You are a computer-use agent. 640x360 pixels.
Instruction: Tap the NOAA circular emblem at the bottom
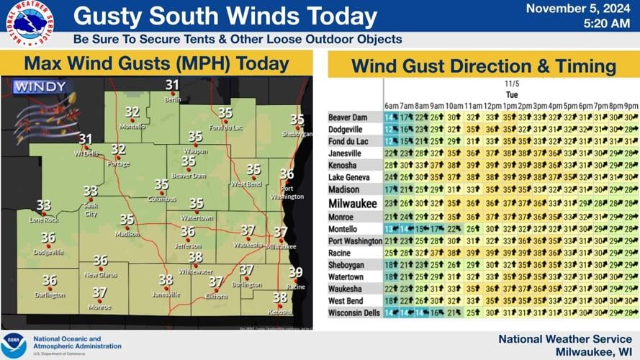pyautogui.click(x=14, y=345)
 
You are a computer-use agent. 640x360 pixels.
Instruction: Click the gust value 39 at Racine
pyautogui.click(x=295, y=272)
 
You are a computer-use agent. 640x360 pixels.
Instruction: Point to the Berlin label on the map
pyautogui.click(x=172, y=100)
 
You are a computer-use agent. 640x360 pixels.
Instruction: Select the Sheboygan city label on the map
pyautogui.click(x=297, y=134)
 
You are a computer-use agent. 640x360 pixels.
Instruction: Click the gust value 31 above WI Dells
pyautogui.click(x=86, y=139)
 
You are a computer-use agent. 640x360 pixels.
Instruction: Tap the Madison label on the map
pyautogui.click(x=127, y=234)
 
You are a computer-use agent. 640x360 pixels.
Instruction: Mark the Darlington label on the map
pyautogui.click(x=49, y=294)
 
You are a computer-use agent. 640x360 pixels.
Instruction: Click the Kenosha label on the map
pyautogui.click(x=280, y=312)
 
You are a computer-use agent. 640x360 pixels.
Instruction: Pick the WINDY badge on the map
pyautogui.click(x=40, y=87)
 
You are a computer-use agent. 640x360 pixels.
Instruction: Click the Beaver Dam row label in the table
pyautogui.click(x=348, y=117)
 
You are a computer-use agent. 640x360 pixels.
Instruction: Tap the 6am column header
pyautogui.click(x=391, y=106)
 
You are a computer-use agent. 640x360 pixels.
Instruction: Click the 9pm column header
pyautogui.click(x=630, y=106)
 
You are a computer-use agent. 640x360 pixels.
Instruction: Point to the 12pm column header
pyautogui.click(x=492, y=106)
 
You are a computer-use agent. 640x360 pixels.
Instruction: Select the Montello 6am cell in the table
pyautogui.click(x=391, y=229)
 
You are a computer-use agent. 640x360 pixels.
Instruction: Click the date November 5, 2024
pyautogui.click(x=578, y=9)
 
